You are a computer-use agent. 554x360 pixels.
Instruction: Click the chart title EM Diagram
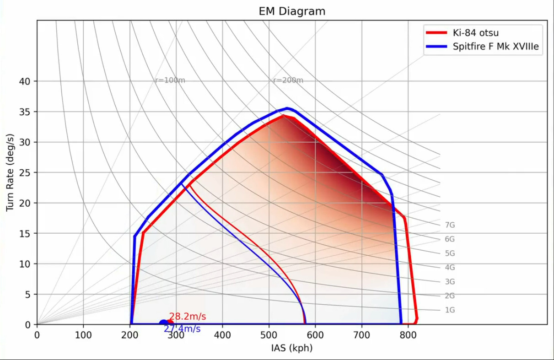point(292,11)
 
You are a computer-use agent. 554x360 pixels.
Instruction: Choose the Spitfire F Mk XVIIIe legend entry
point(496,46)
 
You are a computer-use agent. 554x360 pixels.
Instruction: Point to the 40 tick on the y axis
point(25,81)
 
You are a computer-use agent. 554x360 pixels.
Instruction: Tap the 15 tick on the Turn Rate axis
point(25,234)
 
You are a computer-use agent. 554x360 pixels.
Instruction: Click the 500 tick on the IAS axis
point(269,335)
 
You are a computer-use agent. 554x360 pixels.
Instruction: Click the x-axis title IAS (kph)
point(292,348)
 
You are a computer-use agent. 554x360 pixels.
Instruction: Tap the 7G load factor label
point(450,225)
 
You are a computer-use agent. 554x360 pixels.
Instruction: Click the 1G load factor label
point(450,310)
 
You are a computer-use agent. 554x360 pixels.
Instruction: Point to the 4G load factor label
point(450,268)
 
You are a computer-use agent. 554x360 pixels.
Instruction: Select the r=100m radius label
point(170,81)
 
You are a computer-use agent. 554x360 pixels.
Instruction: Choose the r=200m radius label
point(288,81)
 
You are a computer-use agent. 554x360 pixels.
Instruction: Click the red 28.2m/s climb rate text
point(188,317)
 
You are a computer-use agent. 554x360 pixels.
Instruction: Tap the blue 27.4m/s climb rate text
point(182,329)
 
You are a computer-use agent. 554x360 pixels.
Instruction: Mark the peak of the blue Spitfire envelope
point(287,108)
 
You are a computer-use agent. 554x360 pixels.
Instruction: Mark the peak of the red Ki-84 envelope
point(283,116)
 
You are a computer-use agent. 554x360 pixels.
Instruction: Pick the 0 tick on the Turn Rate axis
point(27,325)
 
